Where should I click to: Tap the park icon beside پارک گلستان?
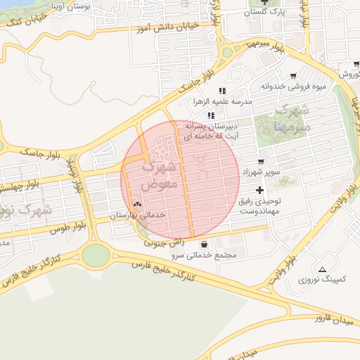(264, 2)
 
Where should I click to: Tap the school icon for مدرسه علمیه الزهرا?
(222, 91)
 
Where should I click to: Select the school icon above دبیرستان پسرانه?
(210, 115)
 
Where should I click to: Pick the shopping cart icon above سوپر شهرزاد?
(261, 162)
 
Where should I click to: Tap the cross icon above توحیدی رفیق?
(260, 191)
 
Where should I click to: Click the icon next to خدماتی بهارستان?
(137, 205)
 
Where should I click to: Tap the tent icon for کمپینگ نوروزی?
(322, 269)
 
